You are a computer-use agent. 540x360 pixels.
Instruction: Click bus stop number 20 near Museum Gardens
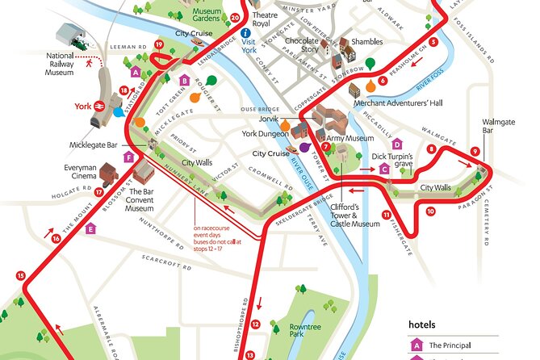click(235, 17)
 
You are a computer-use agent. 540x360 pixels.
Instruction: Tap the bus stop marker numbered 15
click(21, 276)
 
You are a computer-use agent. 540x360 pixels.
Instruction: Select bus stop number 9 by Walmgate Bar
click(475, 151)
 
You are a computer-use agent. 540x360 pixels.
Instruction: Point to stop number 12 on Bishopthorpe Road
click(255, 324)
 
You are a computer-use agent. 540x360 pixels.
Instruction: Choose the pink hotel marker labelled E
click(90, 228)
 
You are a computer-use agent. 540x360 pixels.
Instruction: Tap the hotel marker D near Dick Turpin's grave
click(396, 144)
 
